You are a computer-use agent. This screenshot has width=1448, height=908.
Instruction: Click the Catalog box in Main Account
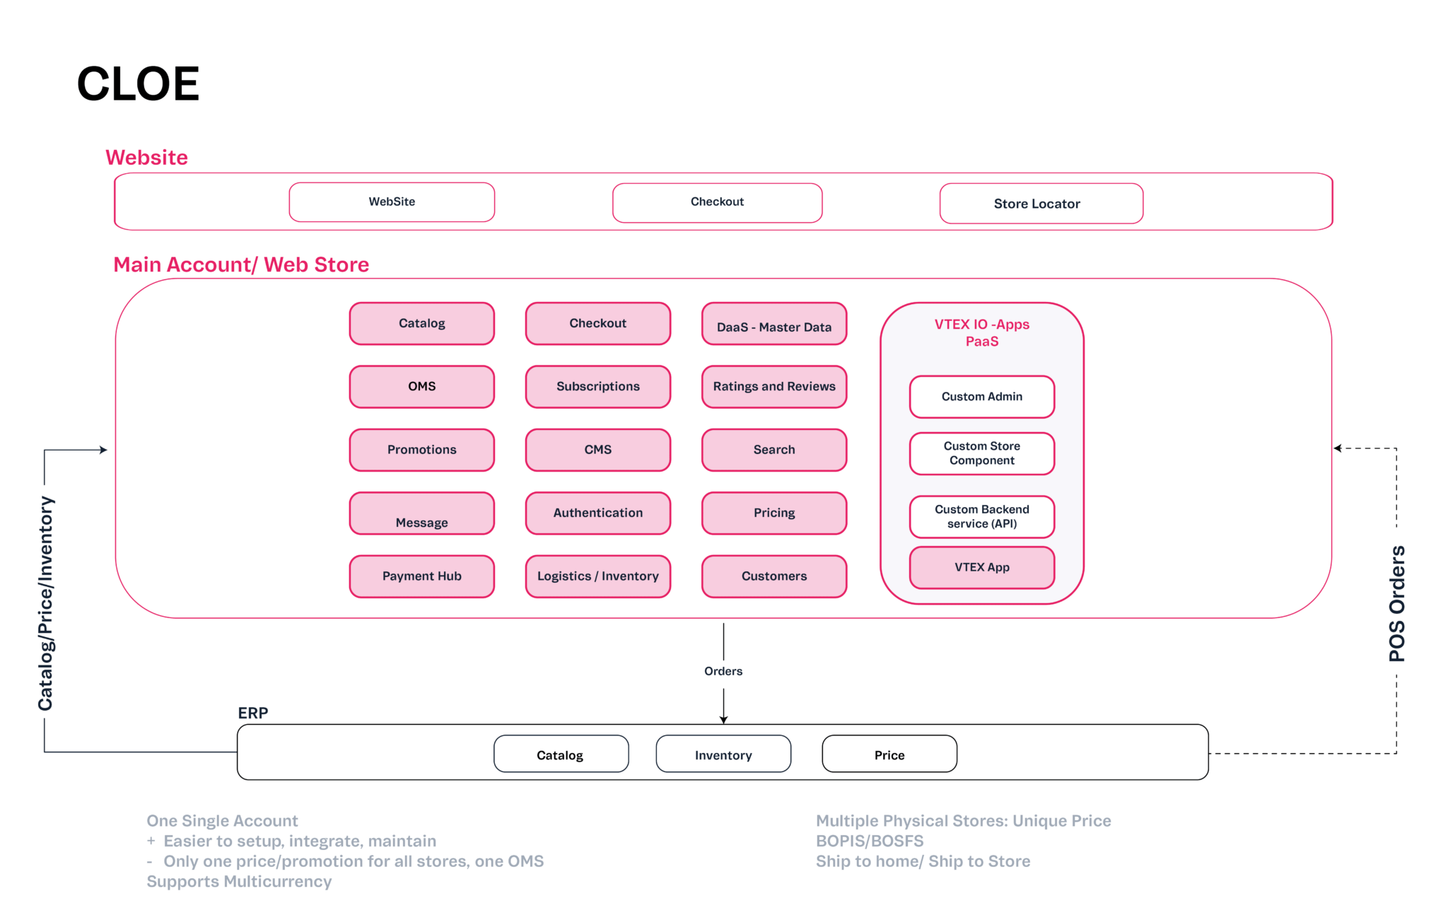point(422,323)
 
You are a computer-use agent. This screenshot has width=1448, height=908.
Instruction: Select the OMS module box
point(422,386)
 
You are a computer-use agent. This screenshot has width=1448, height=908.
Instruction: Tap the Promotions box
point(422,450)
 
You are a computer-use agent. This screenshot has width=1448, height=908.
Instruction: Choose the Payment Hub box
point(422,576)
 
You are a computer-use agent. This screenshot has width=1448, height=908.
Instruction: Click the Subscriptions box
point(598,386)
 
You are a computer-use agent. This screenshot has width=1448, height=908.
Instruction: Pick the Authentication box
point(598,513)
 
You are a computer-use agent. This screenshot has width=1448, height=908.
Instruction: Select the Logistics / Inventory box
point(598,576)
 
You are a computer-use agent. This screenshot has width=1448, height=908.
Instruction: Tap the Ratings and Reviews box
point(774,386)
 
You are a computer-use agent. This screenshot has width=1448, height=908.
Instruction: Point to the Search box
point(774,450)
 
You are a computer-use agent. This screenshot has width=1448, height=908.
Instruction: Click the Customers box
point(774,576)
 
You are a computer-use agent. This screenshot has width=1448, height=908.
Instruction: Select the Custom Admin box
point(982,397)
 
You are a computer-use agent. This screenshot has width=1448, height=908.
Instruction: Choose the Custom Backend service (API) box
point(982,517)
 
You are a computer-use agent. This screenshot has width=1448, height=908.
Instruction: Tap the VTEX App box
point(982,567)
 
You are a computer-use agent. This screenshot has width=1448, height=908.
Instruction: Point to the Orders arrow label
point(723,671)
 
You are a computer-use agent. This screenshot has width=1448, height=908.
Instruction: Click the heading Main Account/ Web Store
point(241,265)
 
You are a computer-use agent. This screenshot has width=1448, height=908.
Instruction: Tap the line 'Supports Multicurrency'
point(239,882)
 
